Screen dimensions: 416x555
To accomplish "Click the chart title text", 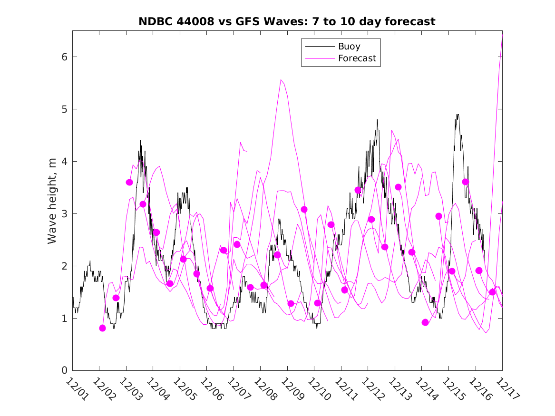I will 287,22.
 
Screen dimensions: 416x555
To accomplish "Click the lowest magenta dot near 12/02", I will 102,328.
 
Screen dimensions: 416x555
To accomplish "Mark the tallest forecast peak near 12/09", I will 281,80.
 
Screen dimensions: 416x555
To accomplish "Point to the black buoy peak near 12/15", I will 457,115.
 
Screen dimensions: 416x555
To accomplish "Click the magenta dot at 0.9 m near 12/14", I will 425,322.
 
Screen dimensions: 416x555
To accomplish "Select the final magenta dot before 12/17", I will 492,292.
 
